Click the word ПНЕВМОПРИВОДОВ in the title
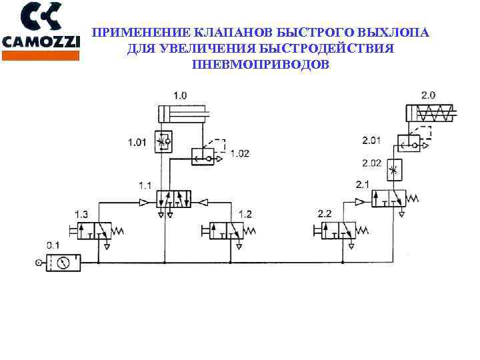click(260, 65)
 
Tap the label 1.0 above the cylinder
click(180, 95)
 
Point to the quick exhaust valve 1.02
click(203, 157)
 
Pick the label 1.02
click(240, 153)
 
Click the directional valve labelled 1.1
click(173, 199)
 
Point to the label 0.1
click(53, 244)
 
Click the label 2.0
click(428, 95)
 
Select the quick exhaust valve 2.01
click(409, 143)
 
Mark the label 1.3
click(81, 214)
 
